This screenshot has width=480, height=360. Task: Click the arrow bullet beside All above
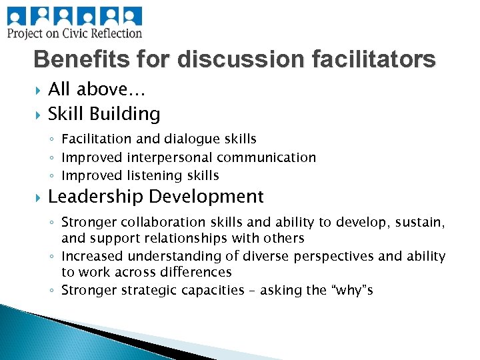click(37, 89)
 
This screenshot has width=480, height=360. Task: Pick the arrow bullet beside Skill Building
click(37, 114)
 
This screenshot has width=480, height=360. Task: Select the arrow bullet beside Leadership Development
click(37, 197)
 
